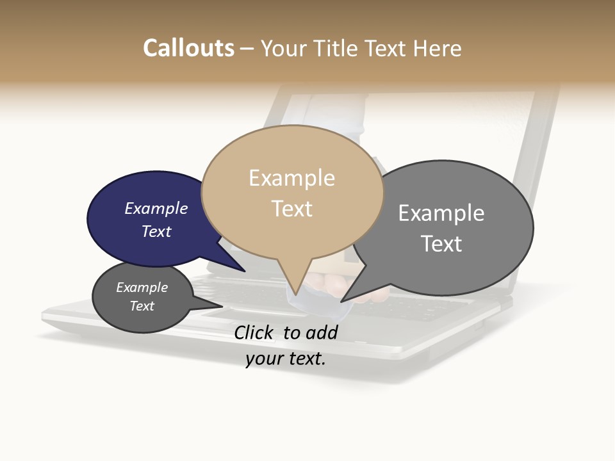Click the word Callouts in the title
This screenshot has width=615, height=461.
[188, 48]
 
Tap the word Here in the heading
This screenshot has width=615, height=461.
[439, 48]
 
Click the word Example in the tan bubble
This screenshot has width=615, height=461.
[291, 178]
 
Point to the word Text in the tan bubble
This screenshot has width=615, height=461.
[291, 209]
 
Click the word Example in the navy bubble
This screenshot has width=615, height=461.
[156, 209]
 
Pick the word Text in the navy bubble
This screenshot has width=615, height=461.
[156, 231]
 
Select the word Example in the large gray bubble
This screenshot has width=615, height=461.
[441, 213]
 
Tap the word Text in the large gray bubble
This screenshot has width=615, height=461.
[441, 244]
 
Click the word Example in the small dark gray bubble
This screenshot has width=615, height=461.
[142, 287]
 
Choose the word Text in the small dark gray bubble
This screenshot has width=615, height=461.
[142, 306]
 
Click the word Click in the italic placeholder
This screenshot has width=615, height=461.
[254, 332]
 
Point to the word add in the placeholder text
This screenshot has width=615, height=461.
[322, 332]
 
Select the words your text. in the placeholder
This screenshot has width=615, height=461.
[286, 359]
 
